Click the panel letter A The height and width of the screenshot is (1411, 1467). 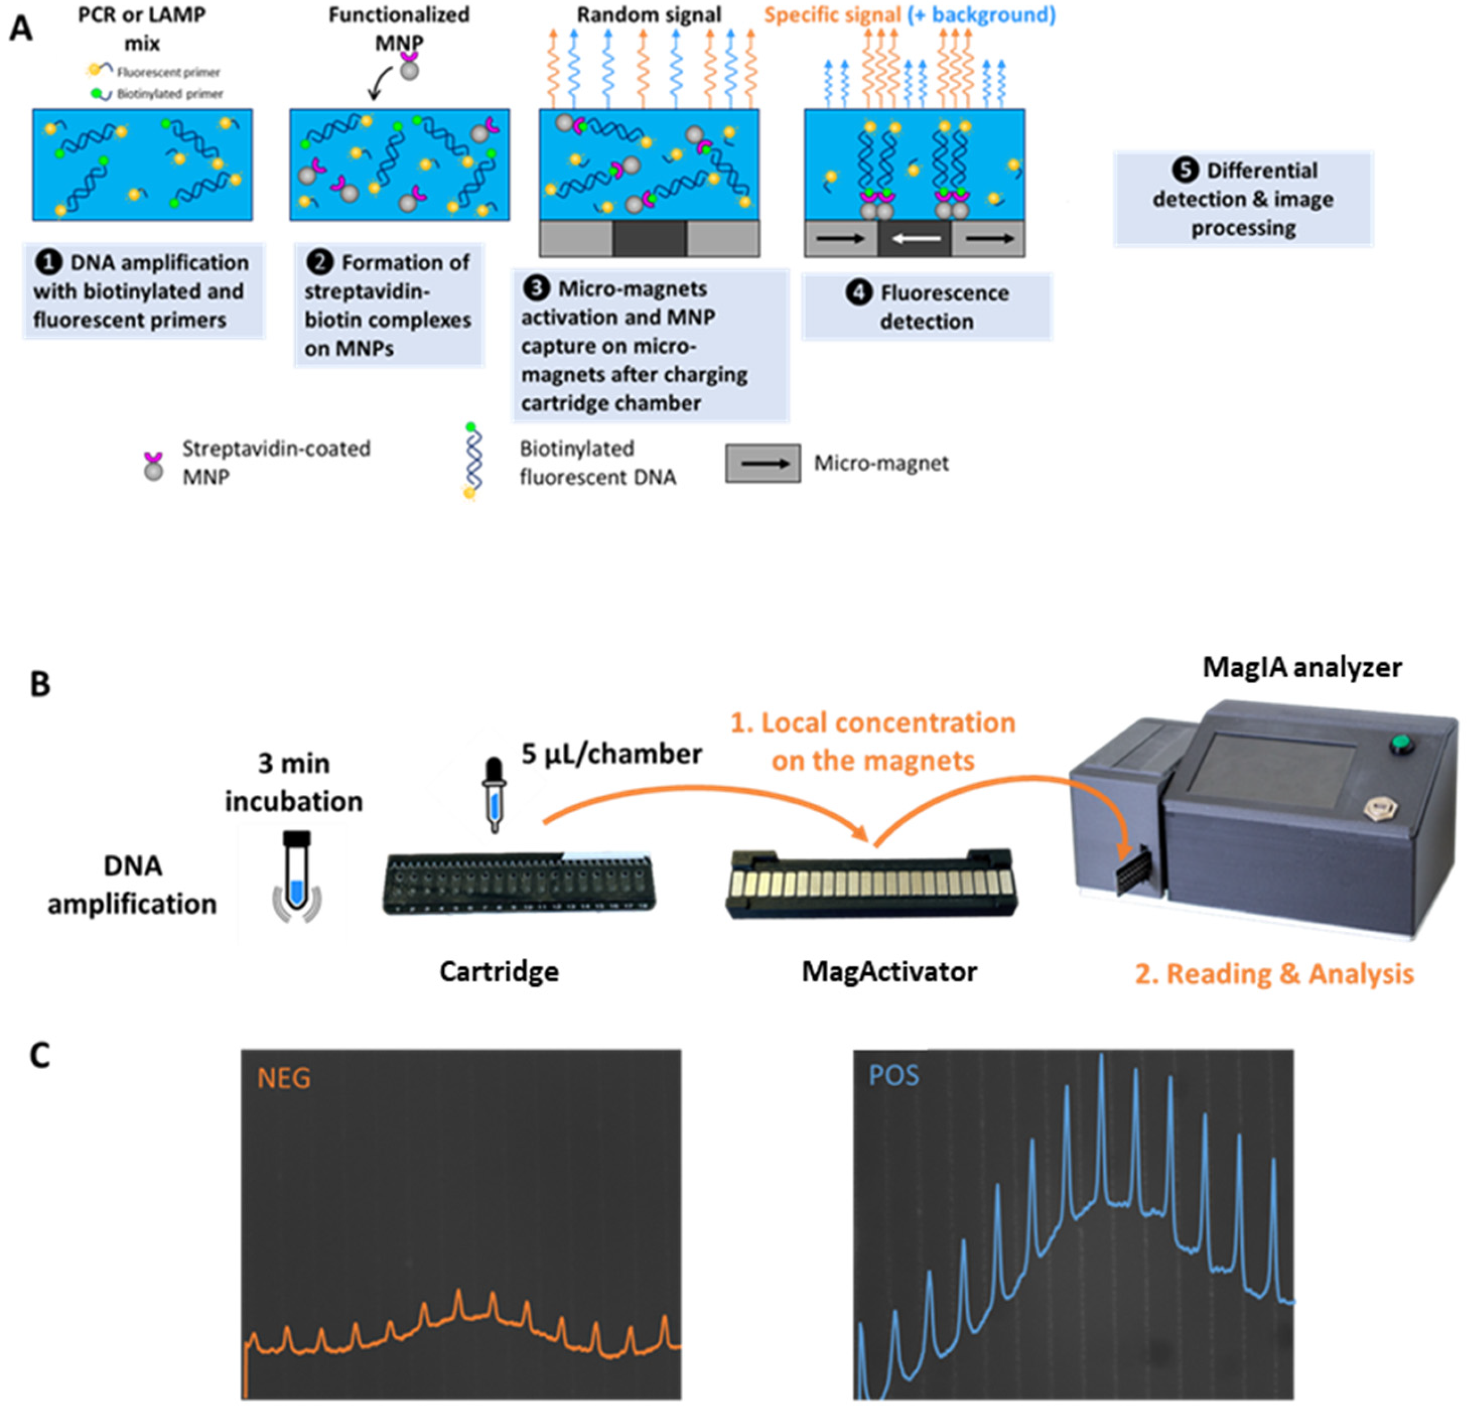[x=20, y=29]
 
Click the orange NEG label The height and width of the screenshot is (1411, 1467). [x=284, y=1078]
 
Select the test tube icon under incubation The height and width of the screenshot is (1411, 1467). [x=297, y=872]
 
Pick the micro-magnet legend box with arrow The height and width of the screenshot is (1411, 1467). [x=762, y=464]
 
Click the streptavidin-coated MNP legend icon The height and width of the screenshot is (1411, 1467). [x=154, y=466]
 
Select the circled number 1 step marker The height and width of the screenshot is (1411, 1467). [x=49, y=263]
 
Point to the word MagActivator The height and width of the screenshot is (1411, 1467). [x=889, y=972]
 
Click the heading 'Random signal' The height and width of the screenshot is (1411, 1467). [x=649, y=15]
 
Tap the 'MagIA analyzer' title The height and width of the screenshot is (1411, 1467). [x=1302, y=667]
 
